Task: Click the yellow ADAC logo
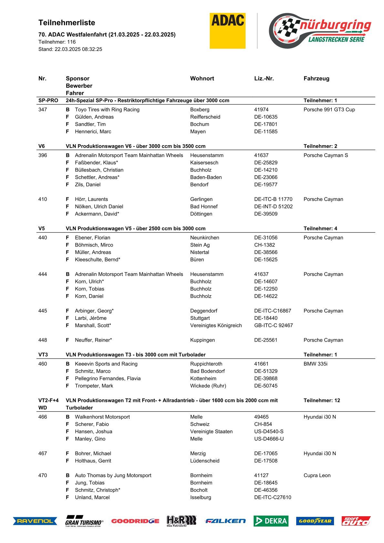(x=227, y=31)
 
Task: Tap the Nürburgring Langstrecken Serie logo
(x=320, y=31)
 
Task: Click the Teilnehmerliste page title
(x=67, y=23)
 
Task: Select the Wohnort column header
(x=202, y=78)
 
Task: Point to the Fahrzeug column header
(x=316, y=78)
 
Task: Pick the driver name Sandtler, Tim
(x=90, y=124)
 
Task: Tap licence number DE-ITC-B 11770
(x=273, y=199)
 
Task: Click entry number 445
(x=43, y=311)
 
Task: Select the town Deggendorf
(x=204, y=311)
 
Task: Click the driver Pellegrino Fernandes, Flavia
(x=107, y=378)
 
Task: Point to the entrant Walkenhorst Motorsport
(x=102, y=417)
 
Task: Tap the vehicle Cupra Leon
(x=317, y=475)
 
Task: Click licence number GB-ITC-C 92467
(x=273, y=325)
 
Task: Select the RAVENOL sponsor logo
(x=35, y=521)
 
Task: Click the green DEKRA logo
(x=271, y=521)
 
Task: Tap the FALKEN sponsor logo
(x=225, y=521)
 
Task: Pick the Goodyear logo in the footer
(x=315, y=521)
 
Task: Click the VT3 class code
(x=43, y=355)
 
